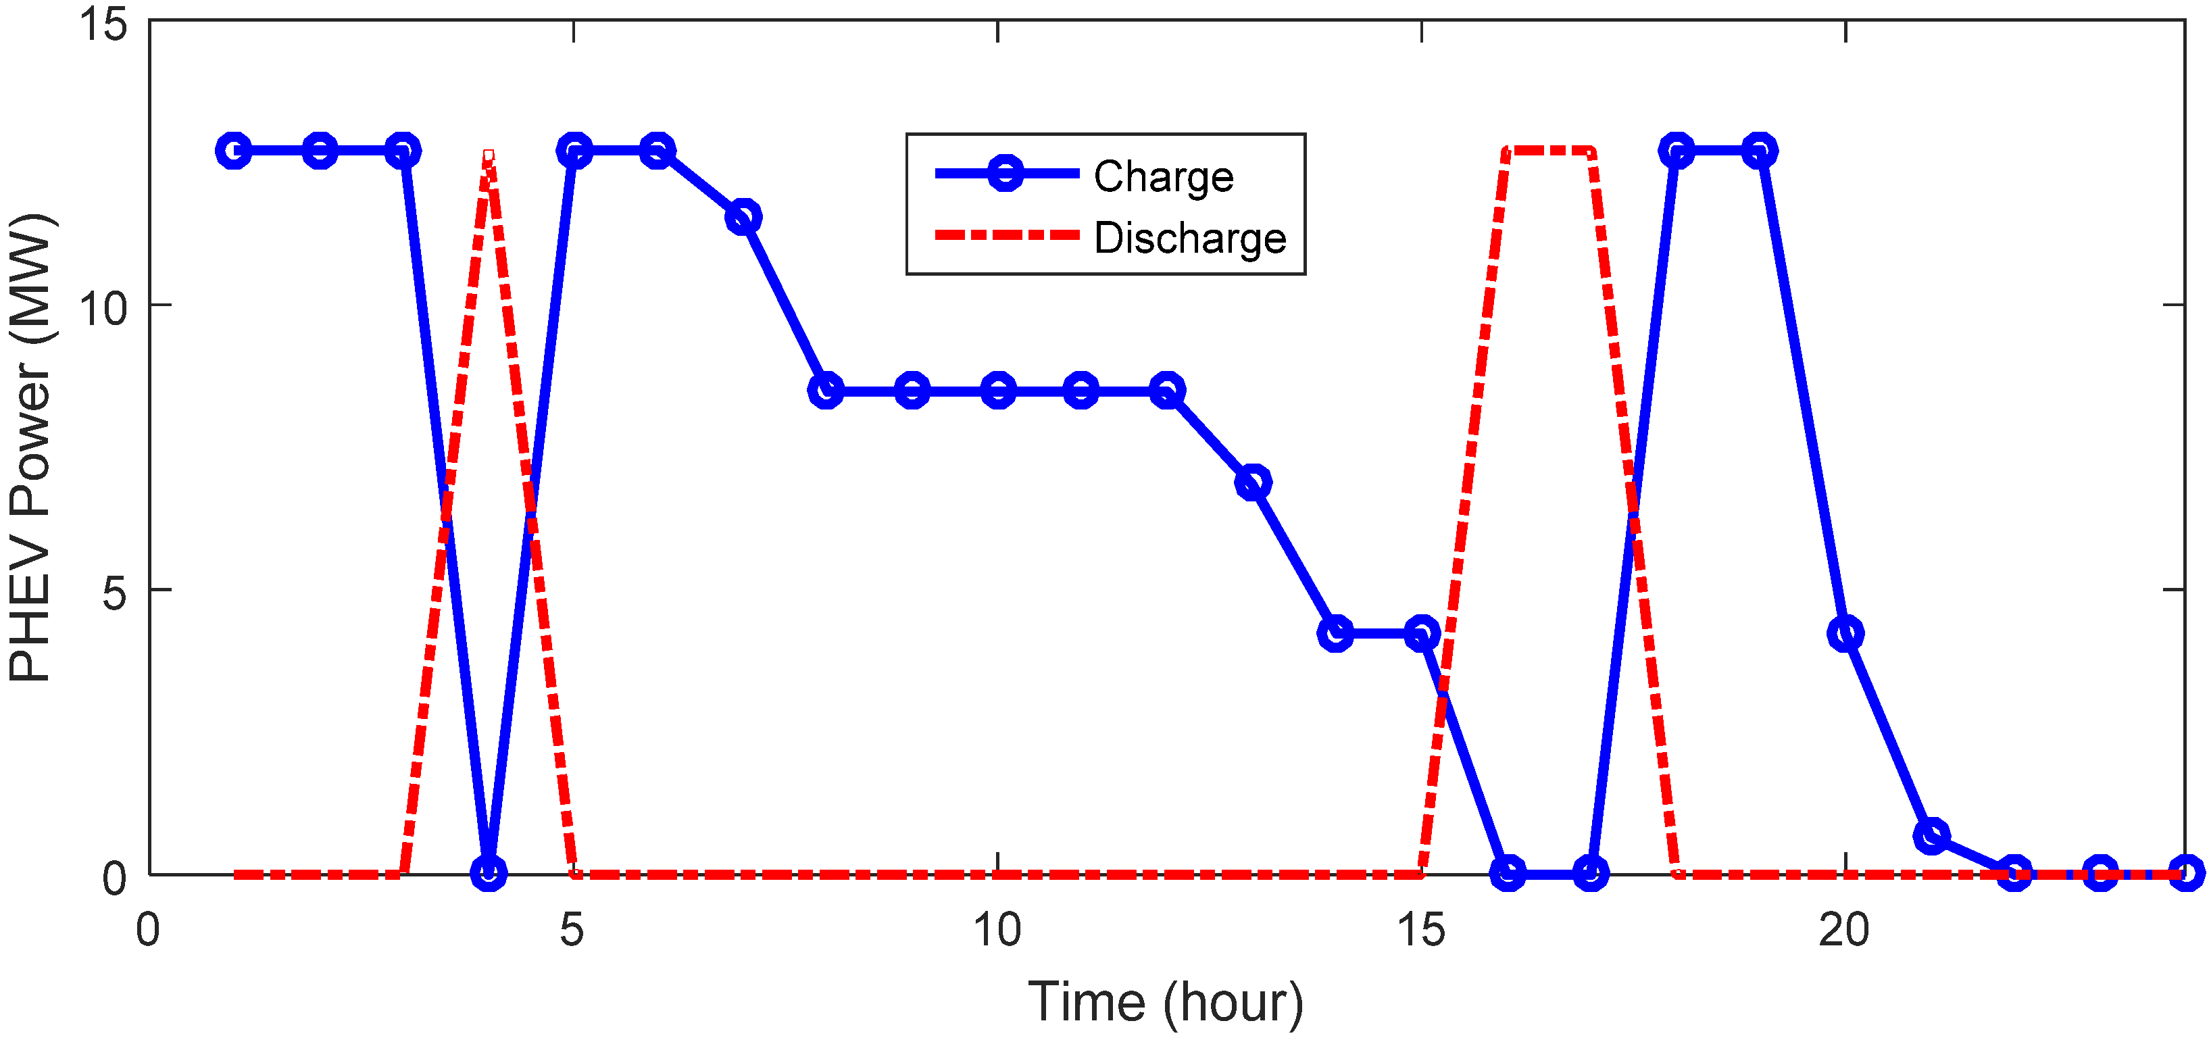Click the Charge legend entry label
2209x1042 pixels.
(x=1163, y=178)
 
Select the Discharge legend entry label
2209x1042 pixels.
(x=1190, y=239)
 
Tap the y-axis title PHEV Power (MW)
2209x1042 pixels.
(x=31, y=447)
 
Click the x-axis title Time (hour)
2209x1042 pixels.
(x=1166, y=1001)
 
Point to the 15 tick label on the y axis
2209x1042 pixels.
(x=103, y=23)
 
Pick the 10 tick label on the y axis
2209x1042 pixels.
(x=103, y=306)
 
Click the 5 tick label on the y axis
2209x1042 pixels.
(x=115, y=592)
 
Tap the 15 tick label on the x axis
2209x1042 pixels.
(x=1421, y=931)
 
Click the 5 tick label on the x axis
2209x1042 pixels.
(x=572, y=931)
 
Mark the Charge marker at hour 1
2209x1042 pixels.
(x=234, y=151)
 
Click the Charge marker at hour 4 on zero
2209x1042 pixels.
(x=489, y=874)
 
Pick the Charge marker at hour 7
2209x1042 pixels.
(x=743, y=218)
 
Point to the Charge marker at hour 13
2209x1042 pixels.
(x=1253, y=483)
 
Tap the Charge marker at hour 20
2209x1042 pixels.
(x=1845, y=634)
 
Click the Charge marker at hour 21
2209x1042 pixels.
(x=1931, y=835)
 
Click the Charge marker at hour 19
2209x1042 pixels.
(x=1760, y=151)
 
